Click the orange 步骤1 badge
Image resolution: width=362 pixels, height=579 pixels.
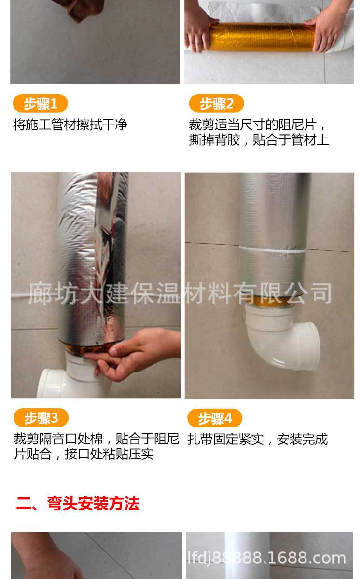click(40, 104)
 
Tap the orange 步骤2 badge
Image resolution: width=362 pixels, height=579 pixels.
click(216, 104)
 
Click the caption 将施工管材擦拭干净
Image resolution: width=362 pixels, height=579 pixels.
click(70, 125)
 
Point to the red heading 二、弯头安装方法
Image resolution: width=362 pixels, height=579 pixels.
click(78, 504)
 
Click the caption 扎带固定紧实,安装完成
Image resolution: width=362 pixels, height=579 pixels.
click(258, 439)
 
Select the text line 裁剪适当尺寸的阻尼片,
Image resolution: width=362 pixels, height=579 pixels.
click(258, 125)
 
